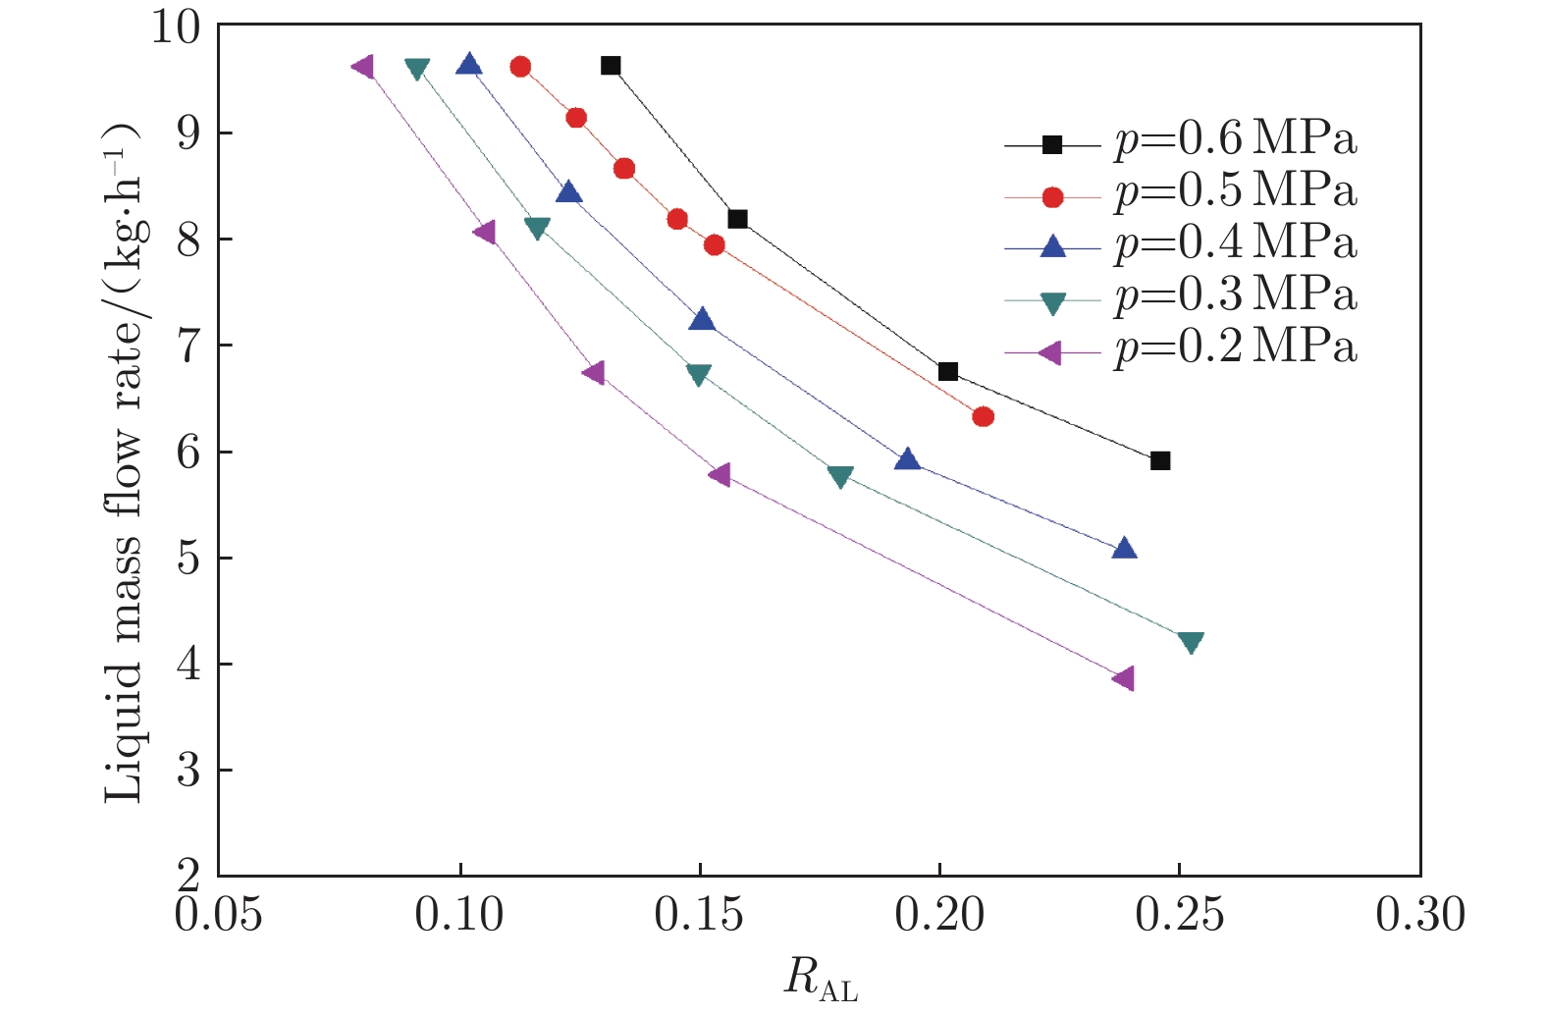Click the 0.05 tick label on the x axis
[218, 915]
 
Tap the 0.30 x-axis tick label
[1419, 915]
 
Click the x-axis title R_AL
[821, 979]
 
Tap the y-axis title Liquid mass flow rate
[125, 461]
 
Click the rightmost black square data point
[1160, 460]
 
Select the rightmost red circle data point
[984, 416]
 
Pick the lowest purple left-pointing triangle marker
[1124, 678]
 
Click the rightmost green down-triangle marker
[1191, 643]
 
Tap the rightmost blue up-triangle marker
[1125, 548]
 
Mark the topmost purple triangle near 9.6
[363, 66]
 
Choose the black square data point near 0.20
[947, 371]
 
